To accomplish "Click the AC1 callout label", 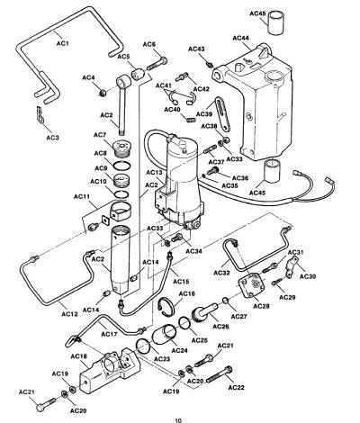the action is click(63, 43).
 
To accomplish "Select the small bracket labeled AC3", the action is click(40, 115).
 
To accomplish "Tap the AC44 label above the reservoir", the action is click(240, 38).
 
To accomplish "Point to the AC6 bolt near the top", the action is click(157, 63).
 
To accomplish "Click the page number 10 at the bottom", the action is click(178, 420).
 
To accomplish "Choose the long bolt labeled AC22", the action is click(220, 374).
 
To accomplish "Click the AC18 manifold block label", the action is click(79, 356).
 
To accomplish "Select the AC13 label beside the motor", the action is click(154, 173).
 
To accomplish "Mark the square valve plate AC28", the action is click(252, 285).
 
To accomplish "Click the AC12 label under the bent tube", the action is click(69, 314).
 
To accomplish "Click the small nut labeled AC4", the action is click(103, 94).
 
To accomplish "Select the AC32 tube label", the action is click(221, 273).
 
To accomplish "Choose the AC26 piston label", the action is click(220, 326).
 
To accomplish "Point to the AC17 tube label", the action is click(109, 334).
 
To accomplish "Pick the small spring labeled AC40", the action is click(189, 119).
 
